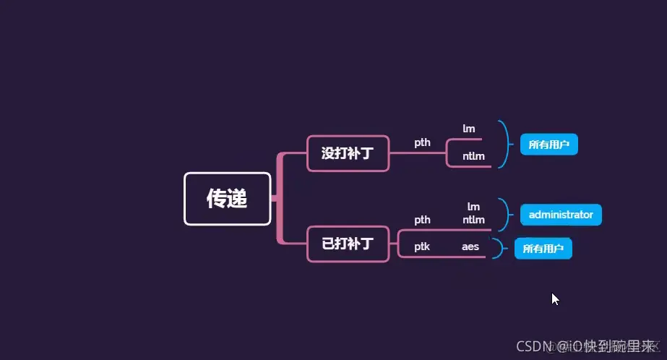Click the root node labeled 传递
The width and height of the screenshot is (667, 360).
click(x=228, y=199)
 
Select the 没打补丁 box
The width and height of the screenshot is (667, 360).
click(x=348, y=153)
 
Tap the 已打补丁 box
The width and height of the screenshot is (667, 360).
click(x=348, y=244)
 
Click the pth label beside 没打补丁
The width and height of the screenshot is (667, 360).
click(x=422, y=142)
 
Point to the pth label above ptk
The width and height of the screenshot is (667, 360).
click(x=422, y=220)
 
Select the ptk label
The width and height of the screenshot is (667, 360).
click(x=422, y=247)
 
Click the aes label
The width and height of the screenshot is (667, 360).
click(x=470, y=247)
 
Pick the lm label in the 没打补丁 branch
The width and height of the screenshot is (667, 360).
click(x=469, y=129)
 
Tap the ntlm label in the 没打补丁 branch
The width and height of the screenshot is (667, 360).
click(x=474, y=156)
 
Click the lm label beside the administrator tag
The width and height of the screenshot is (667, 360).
click(x=473, y=207)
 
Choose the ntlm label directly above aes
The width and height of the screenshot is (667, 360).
click(x=474, y=220)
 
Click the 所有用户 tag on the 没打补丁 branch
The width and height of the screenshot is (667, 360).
click(x=548, y=145)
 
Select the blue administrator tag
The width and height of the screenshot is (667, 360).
click(x=561, y=215)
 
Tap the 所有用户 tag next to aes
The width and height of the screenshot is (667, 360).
click(x=543, y=249)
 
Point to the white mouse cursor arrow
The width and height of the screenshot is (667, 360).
click(x=555, y=299)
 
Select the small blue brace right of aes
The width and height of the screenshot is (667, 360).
click(x=497, y=249)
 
